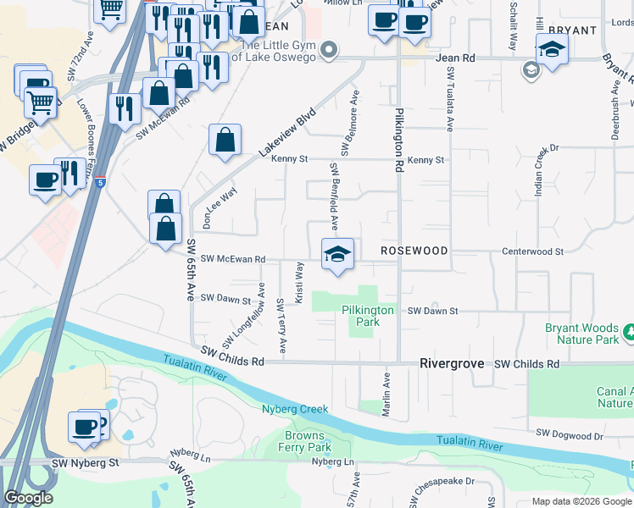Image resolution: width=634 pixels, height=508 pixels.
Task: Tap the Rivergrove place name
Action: tap(452, 363)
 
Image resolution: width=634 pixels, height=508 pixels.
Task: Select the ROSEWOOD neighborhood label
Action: tap(414, 251)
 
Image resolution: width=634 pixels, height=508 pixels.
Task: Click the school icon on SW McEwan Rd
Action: tap(336, 254)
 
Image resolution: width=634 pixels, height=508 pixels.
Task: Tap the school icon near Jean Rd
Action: tap(552, 50)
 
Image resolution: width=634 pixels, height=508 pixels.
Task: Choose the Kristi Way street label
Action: tap(299, 282)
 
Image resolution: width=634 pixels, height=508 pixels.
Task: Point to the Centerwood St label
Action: tap(532, 251)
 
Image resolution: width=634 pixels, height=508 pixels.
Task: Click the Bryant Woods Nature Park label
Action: tap(583, 333)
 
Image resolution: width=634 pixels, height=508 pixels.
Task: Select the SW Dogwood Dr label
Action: tap(570, 436)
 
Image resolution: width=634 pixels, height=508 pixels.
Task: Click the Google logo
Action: tap(29, 498)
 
